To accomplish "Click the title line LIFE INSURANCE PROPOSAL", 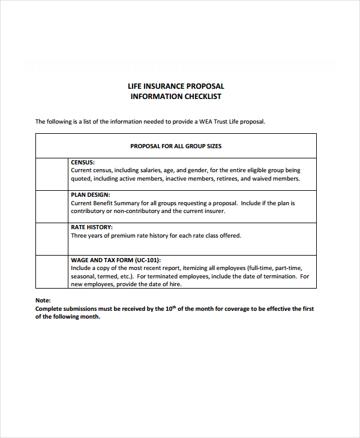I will [x=176, y=86].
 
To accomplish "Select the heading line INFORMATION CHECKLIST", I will [x=176, y=97].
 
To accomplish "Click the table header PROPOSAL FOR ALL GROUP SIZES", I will [x=176, y=146].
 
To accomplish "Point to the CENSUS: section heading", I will [x=83, y=162].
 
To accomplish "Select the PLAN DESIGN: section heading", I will [x=90, y=195].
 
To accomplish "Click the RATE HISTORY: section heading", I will [x=92, y=227].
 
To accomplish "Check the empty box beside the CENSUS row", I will [x=53, y=174].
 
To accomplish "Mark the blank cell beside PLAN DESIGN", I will [x=53, y=207].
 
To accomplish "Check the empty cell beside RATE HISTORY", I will [x=53, y=239].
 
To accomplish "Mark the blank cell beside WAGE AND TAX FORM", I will [x=53, y=272].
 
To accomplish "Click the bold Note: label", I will [x=43, y=300].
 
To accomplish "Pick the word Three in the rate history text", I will [x=80, y=236].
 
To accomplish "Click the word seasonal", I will [x=83, y=277].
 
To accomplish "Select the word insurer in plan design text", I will [x=214, y=211].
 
